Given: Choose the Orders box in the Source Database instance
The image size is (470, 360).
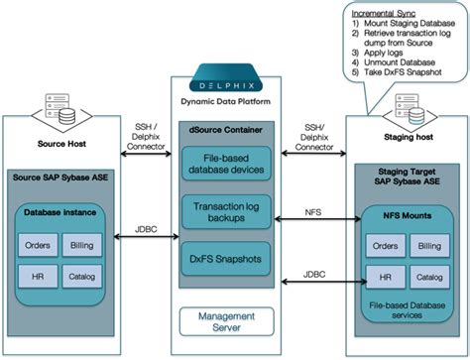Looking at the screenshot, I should pos(39,244).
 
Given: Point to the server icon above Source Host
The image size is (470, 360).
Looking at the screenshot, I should pos(61,114).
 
